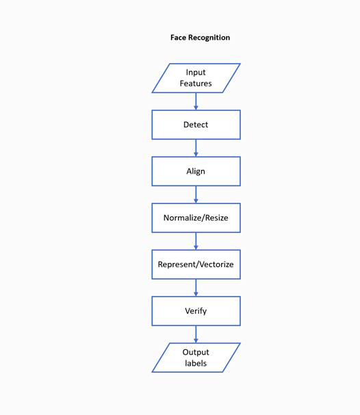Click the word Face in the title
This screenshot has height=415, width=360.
click(179, 38)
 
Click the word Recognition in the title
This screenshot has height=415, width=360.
click(209, 38)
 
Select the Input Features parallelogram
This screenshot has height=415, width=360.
click(196, 78)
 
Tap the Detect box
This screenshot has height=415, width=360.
click(196, 125)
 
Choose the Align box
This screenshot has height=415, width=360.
click(196, 171)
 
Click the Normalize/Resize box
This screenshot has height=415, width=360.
click(196, 218)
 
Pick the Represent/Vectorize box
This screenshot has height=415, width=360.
click(196, 264)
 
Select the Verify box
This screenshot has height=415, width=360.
click(196, 311)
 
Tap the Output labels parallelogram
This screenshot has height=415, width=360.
click(196, 357)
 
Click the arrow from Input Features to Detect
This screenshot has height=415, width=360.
click(196, 101)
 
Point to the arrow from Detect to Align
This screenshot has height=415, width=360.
click(196, 148)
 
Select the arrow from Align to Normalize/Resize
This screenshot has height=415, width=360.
click(196, 194)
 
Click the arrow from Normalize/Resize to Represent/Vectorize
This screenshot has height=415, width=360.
click(196, 241)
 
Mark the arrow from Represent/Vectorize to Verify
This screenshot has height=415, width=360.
click(196, 288)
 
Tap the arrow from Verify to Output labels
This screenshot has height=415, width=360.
click(196, 334)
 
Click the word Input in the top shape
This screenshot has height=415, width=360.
click(196, 73)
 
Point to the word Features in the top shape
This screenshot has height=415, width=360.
click(196, 84)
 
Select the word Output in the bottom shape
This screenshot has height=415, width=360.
click(196, 352)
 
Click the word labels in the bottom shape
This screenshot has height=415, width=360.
click(196, 363)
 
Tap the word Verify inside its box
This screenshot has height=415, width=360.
click(196, 311)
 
